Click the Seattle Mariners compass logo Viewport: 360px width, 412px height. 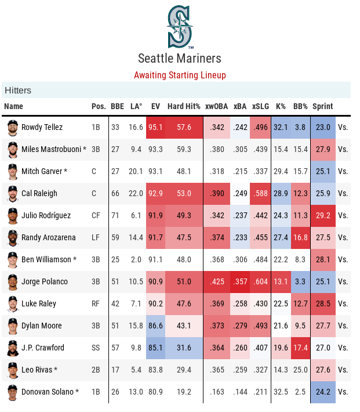(x=180, y=26)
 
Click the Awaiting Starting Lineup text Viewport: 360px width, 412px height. (x=180, y=75)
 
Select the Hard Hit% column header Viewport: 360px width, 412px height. (x=184, y=107)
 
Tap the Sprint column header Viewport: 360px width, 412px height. (x=323, y=107)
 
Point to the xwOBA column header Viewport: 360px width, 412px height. (x=217, y=107)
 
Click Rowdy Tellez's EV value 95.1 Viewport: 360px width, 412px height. (x=155, y=127)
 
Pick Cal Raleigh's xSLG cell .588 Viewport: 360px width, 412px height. (x=261, y=193)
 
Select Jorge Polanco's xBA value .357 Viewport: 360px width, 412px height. (x=240, y=281)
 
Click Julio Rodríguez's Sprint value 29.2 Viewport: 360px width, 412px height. (x=323, y=215)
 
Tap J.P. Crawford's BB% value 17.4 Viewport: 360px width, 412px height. (x=300, y=348)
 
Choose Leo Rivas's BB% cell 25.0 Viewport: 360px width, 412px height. (x=300, y=370)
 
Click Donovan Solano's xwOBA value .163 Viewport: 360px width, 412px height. (x=217, y=392)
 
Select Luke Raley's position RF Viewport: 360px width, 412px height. (x=96, y=303)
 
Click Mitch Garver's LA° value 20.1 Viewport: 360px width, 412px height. (x=136, y=171)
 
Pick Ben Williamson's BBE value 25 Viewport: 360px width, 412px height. (x=115, y=259)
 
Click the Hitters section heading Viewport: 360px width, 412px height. (x=18, y=91)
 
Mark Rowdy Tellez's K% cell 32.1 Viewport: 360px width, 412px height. (x=281, y=127)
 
